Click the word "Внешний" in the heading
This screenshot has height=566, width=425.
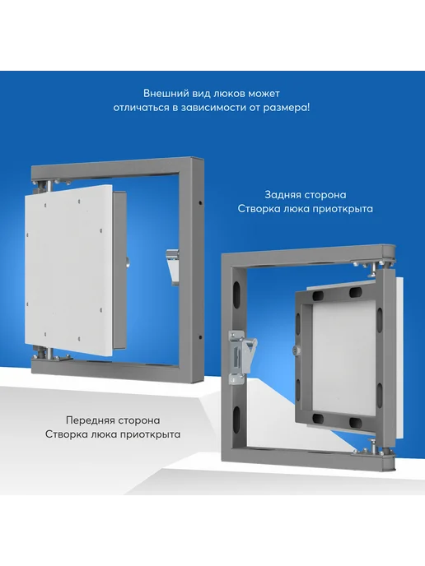(163, 94)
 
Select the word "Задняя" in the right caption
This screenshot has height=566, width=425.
(283, 195)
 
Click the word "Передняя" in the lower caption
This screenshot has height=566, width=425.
(89, 420)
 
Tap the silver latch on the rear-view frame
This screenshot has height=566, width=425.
(240, 355)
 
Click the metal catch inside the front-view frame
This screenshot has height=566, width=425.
(173, 267)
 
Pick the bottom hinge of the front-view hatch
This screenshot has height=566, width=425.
(47, 352)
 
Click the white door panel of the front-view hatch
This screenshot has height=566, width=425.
(68, 271)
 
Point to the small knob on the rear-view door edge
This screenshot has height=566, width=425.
(294, 350)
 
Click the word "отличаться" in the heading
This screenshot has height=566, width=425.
(141, 108)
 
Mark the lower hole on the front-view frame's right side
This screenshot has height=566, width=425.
(200, 337)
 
